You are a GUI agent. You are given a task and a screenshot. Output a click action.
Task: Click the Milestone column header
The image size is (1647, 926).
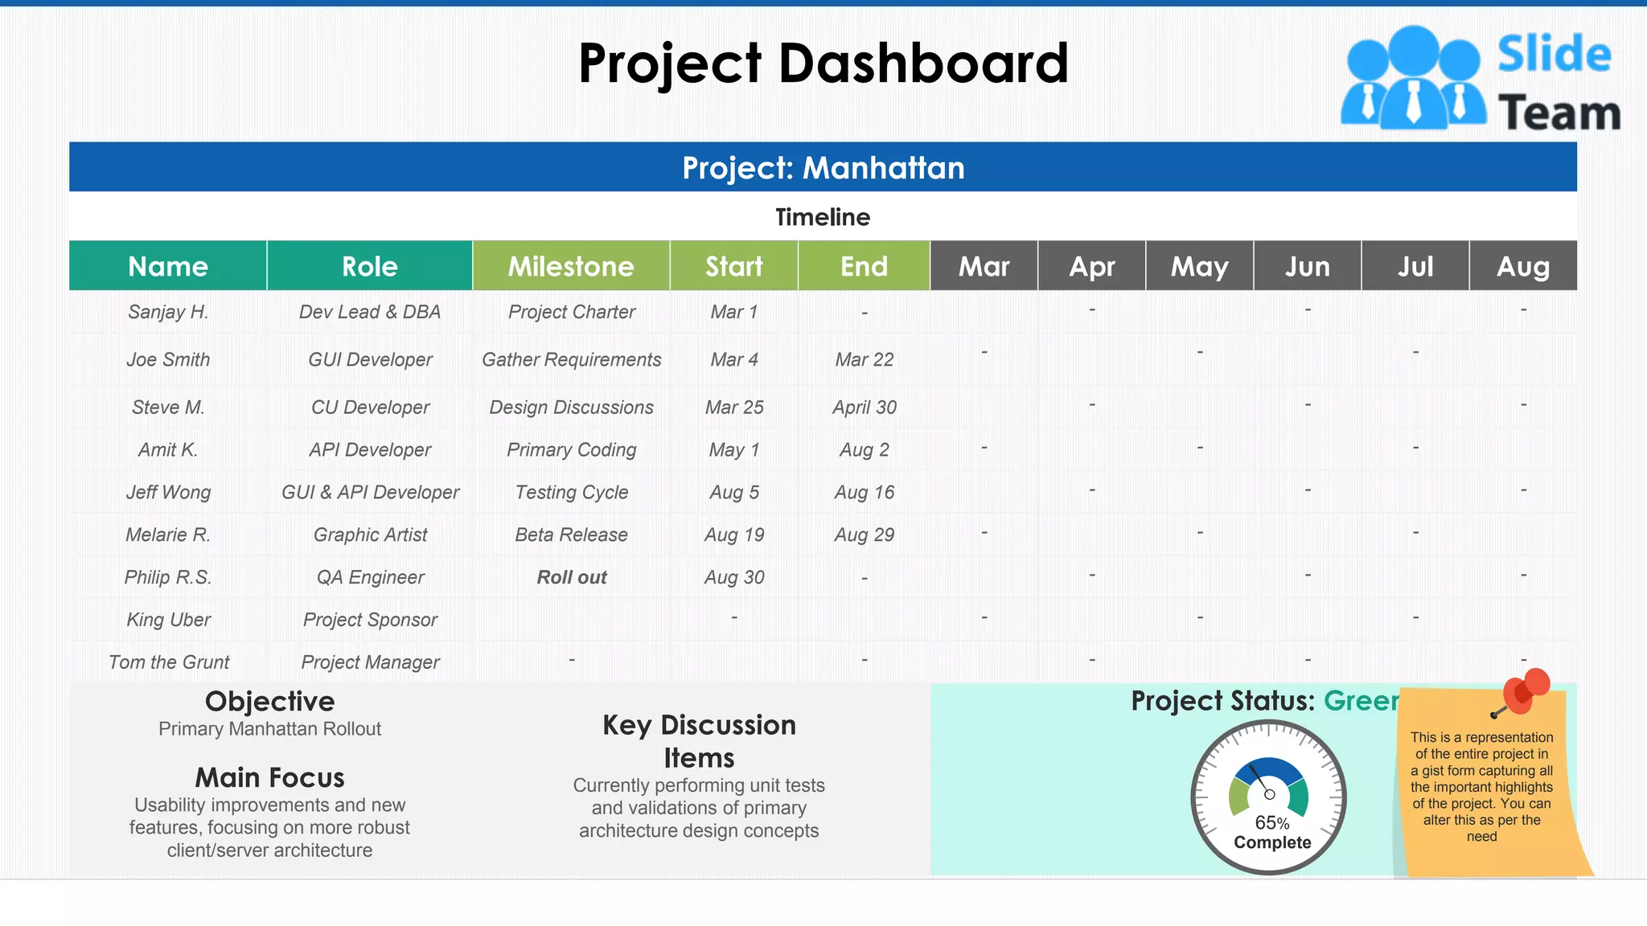pos(571,266)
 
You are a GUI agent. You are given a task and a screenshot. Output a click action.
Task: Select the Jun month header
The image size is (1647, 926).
pos(1307,266)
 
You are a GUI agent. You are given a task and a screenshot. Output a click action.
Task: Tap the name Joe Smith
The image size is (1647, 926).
pos(168,359)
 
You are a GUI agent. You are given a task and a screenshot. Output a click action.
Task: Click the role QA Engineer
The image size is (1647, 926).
pos(370,577)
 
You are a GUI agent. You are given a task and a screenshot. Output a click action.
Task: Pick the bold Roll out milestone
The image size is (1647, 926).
pos(572,577)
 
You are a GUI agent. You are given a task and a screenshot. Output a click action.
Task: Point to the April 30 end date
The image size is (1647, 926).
pos(864,408)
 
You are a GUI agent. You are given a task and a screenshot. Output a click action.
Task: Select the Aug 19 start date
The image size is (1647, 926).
pos(734,535)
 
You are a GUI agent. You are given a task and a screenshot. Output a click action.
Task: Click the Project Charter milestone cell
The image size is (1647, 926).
pos(572,312)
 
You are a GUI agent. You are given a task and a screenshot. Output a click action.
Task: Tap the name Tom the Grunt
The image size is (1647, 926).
pos(169,662)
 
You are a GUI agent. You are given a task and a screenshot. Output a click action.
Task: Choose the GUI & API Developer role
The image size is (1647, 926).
pos(370,492)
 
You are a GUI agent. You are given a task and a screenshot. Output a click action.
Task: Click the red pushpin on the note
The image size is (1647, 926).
pos(1524,690)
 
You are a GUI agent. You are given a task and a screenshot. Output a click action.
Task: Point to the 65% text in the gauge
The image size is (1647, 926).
pos(1271,823)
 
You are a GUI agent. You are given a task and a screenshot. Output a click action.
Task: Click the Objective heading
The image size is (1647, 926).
pos(269,702)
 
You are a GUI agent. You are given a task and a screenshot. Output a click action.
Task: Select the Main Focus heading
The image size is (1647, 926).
pos(269,777)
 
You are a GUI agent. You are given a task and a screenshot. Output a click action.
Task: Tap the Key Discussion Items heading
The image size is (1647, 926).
pos(699,741)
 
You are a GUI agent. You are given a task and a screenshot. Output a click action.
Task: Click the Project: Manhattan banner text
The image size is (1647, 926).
pos(823,168)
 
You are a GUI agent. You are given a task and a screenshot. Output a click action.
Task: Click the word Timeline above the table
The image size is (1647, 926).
pos(823,217)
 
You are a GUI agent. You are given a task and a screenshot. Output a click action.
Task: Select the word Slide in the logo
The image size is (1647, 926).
pos(1554,55)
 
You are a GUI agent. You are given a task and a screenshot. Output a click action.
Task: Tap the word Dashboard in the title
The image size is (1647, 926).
pos(923,64)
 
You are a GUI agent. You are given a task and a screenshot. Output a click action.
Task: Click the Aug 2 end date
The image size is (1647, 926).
pos(864,450)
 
